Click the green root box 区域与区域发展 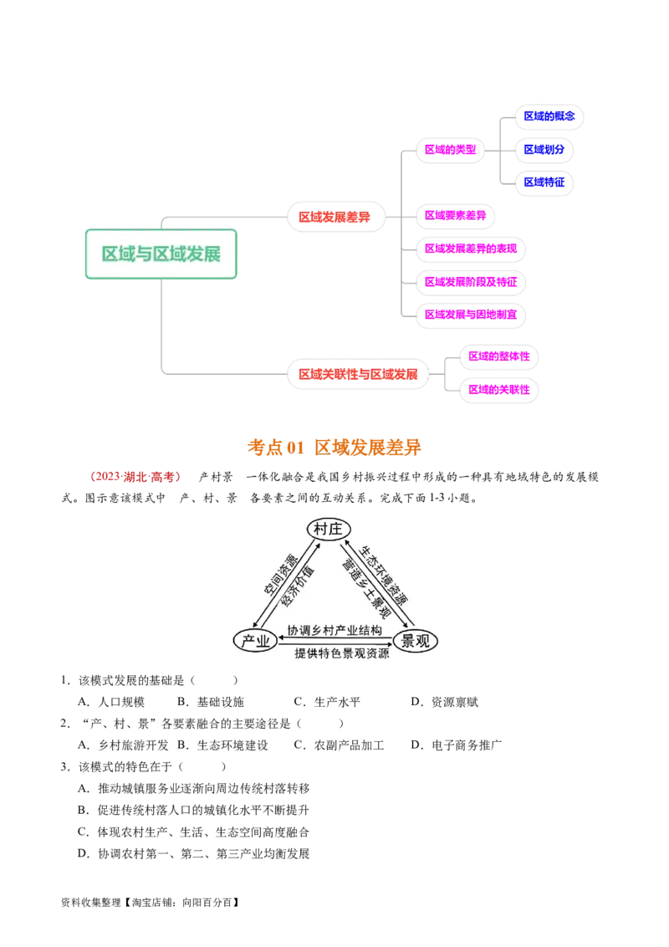161,253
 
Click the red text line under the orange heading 140,478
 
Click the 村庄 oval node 329,529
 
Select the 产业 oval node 255,641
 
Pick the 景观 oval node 415,641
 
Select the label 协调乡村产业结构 334,630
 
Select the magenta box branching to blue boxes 450,150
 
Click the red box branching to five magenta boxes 335,218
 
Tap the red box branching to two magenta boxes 359,374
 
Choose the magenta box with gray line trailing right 456,215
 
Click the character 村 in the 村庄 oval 321,529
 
